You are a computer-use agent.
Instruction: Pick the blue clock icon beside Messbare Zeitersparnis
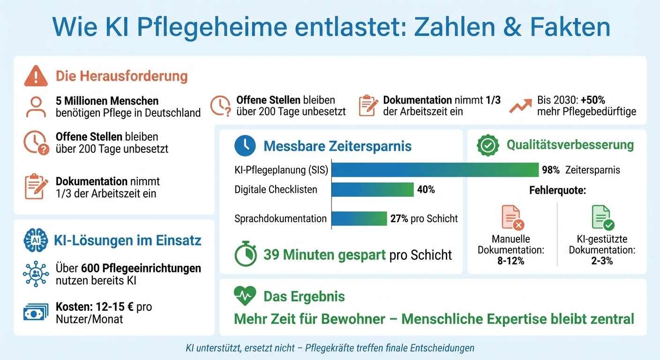click(245, 146)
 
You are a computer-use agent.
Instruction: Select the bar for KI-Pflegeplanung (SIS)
click(435, 170)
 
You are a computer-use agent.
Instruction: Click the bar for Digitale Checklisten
click(373, 189)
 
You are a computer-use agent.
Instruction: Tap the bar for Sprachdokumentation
click(359, 218)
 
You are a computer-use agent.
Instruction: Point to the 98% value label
click(551, 170)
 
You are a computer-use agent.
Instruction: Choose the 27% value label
click(399, 219)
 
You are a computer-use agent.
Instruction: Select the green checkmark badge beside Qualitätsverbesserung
click(487, 145)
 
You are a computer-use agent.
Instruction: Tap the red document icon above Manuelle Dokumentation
click(512, 218)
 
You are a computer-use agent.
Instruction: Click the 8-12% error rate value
click(510, 261)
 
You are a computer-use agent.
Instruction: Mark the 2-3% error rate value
click(602, 261)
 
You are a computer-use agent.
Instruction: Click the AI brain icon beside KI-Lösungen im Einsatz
click(36, 240)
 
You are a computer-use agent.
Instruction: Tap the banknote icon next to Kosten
click(36, 313)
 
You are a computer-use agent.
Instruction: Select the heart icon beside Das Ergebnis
click(245, 296)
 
